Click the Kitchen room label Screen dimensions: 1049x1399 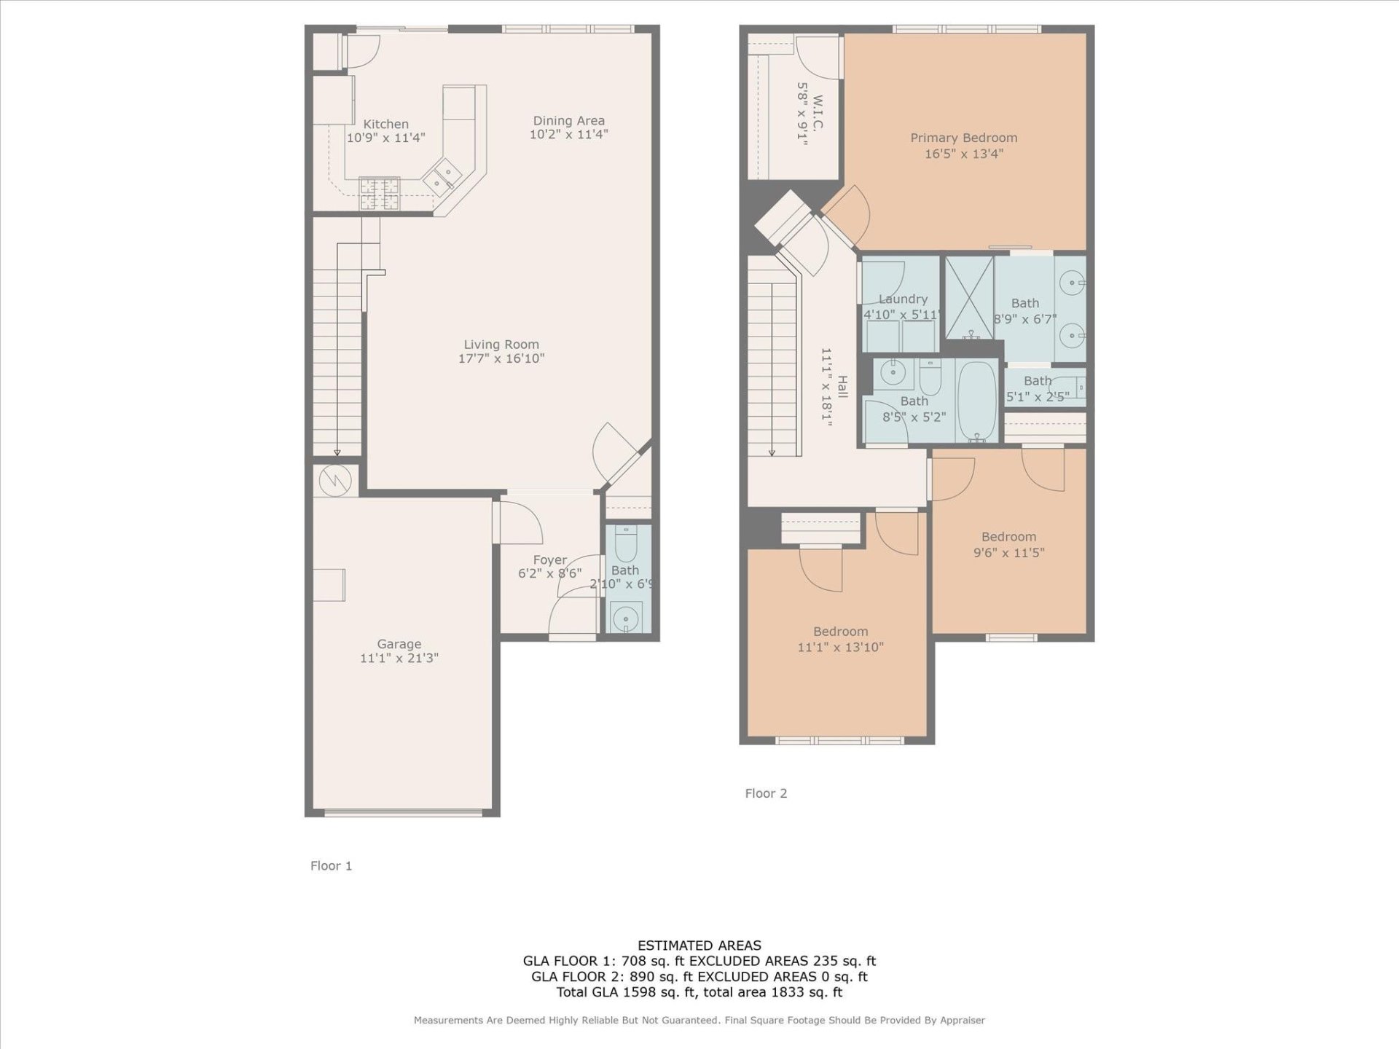pyautogui.click(x=385, y=125)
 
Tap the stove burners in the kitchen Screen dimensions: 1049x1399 pyautogui.click(x=380, y=194)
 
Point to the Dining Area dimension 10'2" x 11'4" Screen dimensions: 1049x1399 pyautogui.click(x=568, y=135)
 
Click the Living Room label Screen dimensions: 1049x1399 pyautogui.click(x=501, y=345)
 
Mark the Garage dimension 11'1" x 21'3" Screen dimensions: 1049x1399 pyautogui.click(x=399, y=659)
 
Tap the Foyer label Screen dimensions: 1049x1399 pyautogui.click(x=549, y=560)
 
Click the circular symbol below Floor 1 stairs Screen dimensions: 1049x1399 pyautogui.click(x=336, y=480)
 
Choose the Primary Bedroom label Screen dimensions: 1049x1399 pyautogui.click(x=963, y=138)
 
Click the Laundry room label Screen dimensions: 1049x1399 pyautogui.click(x=903, y=299)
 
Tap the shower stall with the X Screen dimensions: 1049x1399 pyautogui.click(x=969, y=297)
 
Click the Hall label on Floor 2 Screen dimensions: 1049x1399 pyautogui.click(x=842, y=387)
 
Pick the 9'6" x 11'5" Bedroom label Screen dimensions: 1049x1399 pyautogui.click(x=1008, y=537)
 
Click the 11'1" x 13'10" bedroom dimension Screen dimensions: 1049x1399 pyautogui.click(x=840, y=648)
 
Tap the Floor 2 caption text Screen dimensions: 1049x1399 pyautogui.click(x=766, y=793)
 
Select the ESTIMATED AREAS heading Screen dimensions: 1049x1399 pyautogui.click(x=699, y=946)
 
